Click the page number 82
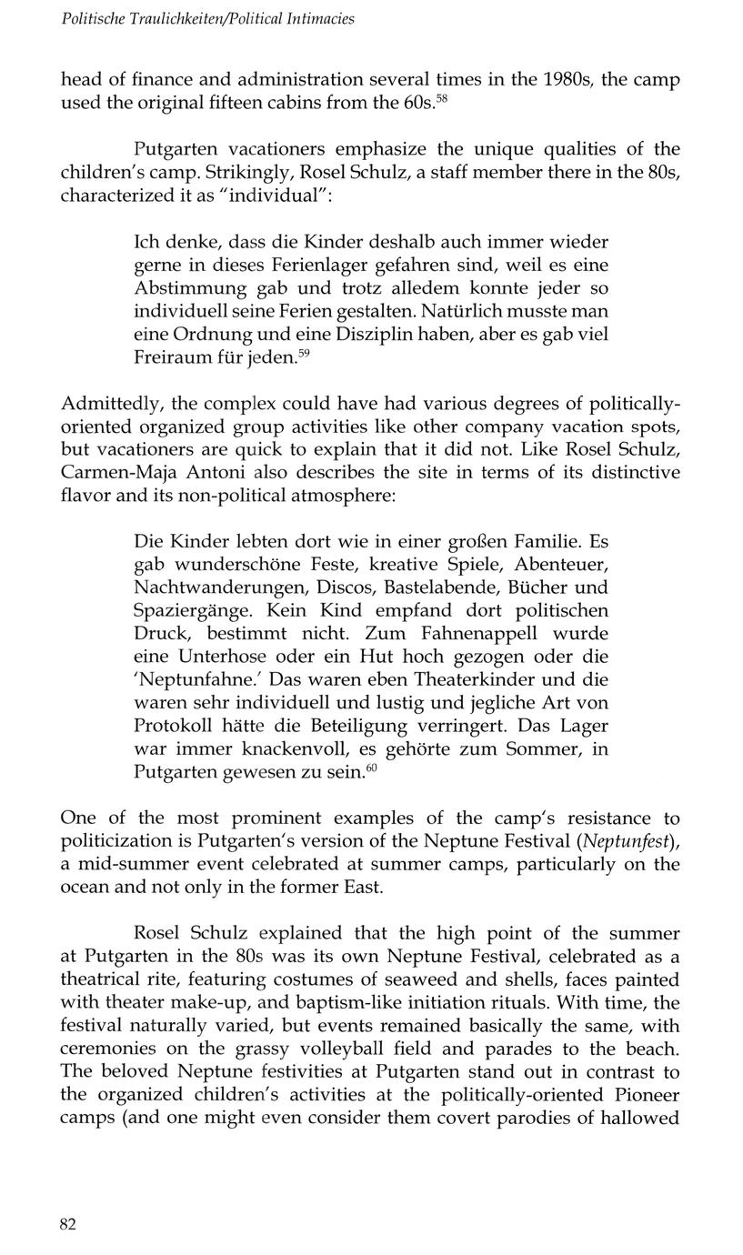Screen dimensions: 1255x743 (x=68, y=1224)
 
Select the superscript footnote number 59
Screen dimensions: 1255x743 (x=306, y=353)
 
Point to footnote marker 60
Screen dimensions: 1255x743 (x=371, y=768)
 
